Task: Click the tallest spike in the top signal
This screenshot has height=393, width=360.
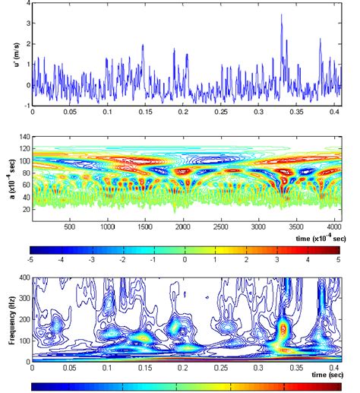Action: point(281,15)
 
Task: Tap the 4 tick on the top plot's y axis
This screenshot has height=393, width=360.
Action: point(27,3)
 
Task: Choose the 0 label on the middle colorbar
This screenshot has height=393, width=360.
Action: point(185,259)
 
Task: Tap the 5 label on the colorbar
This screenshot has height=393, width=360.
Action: point(336,259)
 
